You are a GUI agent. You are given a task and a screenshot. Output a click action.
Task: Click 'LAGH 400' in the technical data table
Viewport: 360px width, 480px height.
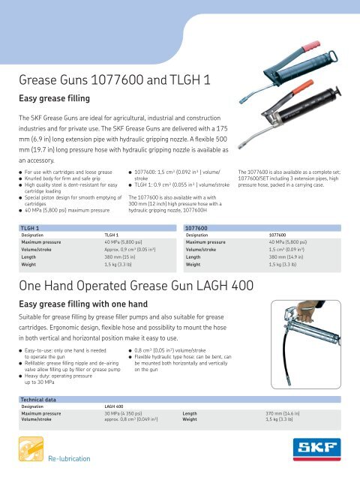click(115, 406)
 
